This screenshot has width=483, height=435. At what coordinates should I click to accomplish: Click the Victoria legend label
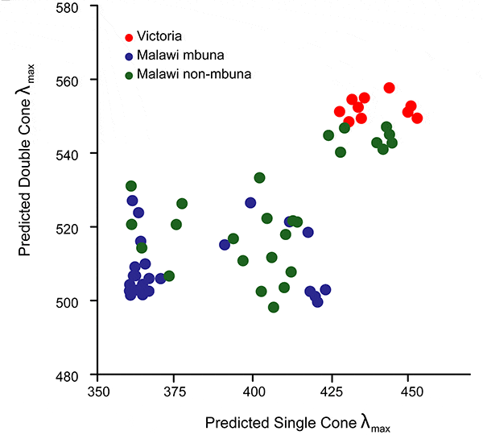click(x=160, y=36)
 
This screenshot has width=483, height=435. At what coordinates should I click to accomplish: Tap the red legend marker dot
click(x=129, y=36)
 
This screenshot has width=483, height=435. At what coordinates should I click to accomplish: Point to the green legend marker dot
click(x=129, y=75)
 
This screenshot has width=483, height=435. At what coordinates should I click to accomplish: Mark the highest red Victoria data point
click(x=390, y=88)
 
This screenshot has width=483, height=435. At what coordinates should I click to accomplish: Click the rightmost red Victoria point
click(x=417, y=118)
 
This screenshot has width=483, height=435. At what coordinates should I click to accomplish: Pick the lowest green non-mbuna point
click(x=274, y=307)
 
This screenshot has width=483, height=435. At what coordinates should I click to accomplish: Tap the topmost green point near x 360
click(x=131, y=186)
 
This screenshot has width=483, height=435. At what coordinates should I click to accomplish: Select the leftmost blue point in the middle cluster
click(x=225, y=245)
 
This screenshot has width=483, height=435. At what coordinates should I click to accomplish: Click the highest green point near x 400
click(x=259, y=178)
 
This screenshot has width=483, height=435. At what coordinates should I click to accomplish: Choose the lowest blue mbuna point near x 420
click(x=317, y=302)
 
